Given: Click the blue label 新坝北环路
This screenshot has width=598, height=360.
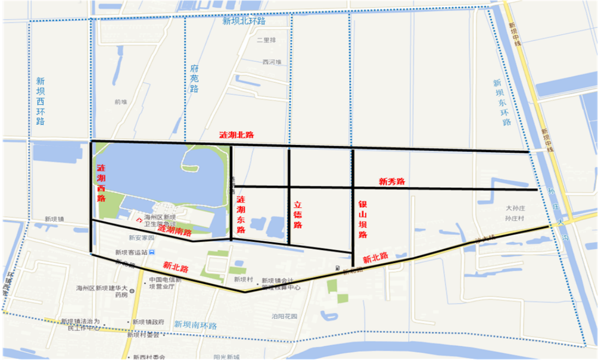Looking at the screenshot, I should click(x=243, y=21).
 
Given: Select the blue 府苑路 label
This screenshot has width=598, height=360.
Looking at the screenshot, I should click(x=194, y=79).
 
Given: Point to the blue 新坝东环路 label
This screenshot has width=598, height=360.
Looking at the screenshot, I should click(x=502, y=103).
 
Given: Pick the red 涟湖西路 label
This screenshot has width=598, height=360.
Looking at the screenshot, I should click(x=101, y=183).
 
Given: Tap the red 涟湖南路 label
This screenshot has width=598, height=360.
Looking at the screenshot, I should click(x=175, y=232).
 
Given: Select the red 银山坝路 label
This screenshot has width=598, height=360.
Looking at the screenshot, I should click(x=362, y=219).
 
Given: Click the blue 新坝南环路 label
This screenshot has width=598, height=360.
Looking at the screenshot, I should click(x=196, y=325).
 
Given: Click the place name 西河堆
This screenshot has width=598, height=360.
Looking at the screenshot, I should click(x=271, y=62).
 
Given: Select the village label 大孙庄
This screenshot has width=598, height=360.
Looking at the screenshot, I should click(x=515, y=208).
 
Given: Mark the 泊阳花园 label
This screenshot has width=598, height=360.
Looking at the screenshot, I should click(x=284, y=316).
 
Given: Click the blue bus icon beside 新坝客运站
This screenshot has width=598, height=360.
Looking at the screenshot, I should click(x=153, y=252).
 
